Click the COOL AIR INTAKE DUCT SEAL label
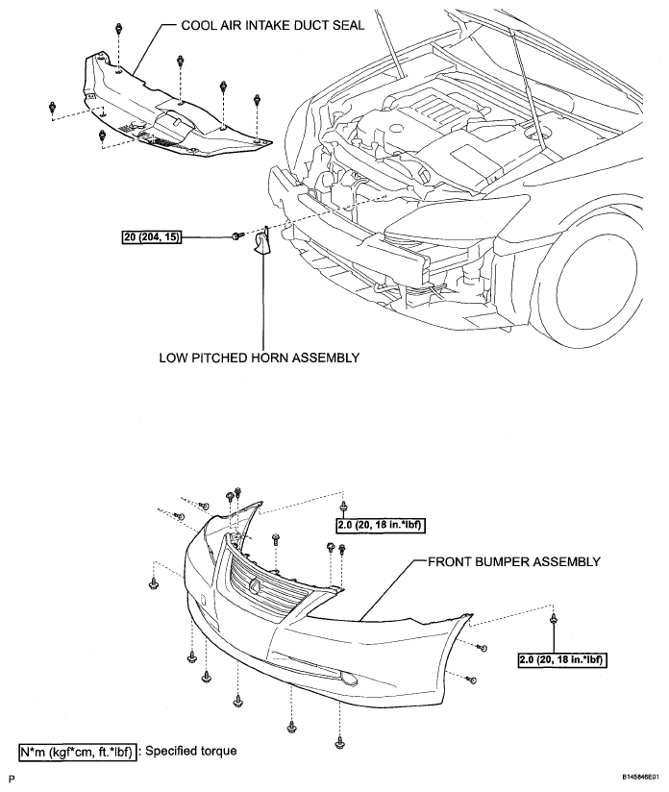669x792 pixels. coord(272,25)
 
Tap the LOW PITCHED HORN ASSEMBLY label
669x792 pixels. coord(260,358)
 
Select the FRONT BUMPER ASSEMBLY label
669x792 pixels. coord(514,561)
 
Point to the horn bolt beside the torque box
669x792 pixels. coord(237,235)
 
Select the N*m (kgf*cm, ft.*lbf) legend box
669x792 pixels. coord(77,752)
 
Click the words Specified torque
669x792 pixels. coord(191,751)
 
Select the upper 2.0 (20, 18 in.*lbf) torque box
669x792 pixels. coord(380,526)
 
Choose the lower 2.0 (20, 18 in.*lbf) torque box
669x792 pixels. coord(562,659)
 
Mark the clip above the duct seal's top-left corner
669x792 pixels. coord(119,29)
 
